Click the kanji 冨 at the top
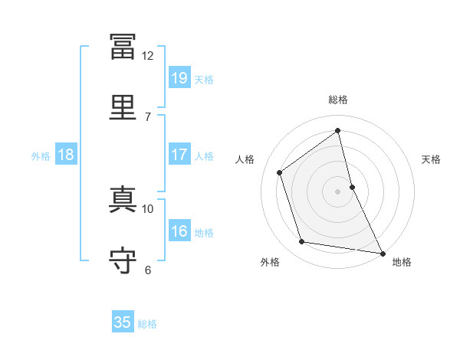[123, 46]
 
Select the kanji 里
[123, 107]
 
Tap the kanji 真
[123, 199]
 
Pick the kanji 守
[123, 260]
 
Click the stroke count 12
[147, 56]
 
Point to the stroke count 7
[148, 117]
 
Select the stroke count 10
[147, 209]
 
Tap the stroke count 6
[148, 270]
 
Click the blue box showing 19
[179, 77]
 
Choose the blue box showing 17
[179, 154]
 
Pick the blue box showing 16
[179, 230]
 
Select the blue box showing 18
[66, 154]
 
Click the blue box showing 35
[123, 321]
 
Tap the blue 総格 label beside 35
[147, 324]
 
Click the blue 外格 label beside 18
[41, 156]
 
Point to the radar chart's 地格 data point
[383, 254]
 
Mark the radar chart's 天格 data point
[353, 187]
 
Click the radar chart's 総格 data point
[337, 130]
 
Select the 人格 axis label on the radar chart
[245, 159]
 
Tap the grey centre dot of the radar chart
[337, 191]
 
